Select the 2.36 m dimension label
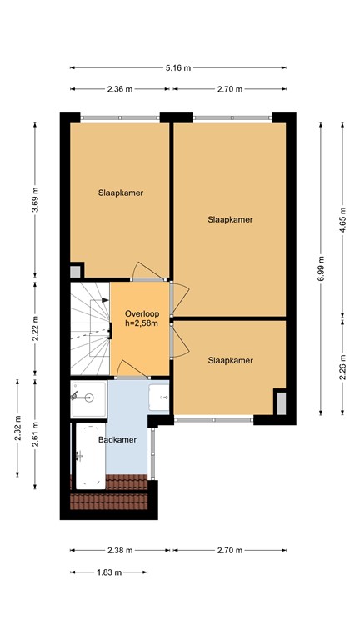coord(120,88)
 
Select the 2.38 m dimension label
coord(120,550)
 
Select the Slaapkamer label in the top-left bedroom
coord(120,192)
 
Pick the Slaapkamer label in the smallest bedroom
coord(230,360)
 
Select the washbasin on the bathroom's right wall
coord(160,397)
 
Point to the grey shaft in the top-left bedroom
coord(76,270)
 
